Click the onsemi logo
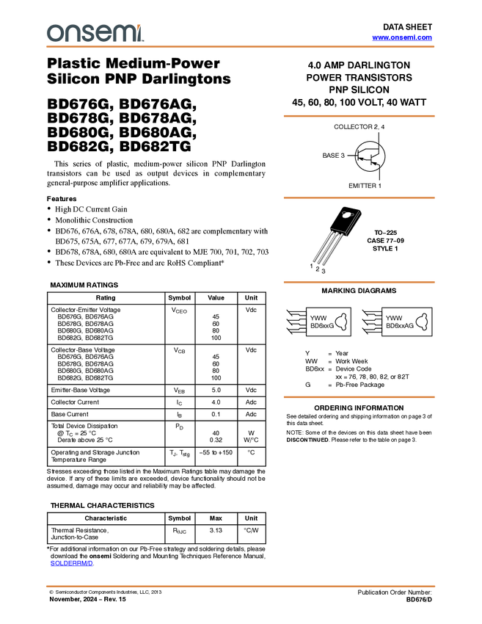[95, 33]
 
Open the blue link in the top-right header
[402, 37]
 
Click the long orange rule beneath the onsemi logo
[241, 47]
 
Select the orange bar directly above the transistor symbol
[359, 116]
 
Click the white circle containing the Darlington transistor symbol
[370, 156]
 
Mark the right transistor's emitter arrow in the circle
[375, 164]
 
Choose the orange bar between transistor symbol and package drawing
[359, 198]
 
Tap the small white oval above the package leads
[348, 215]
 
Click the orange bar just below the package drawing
[359, 283]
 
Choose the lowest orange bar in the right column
[359, 397]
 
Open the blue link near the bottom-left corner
[71, 564]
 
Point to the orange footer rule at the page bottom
[241, 586]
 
